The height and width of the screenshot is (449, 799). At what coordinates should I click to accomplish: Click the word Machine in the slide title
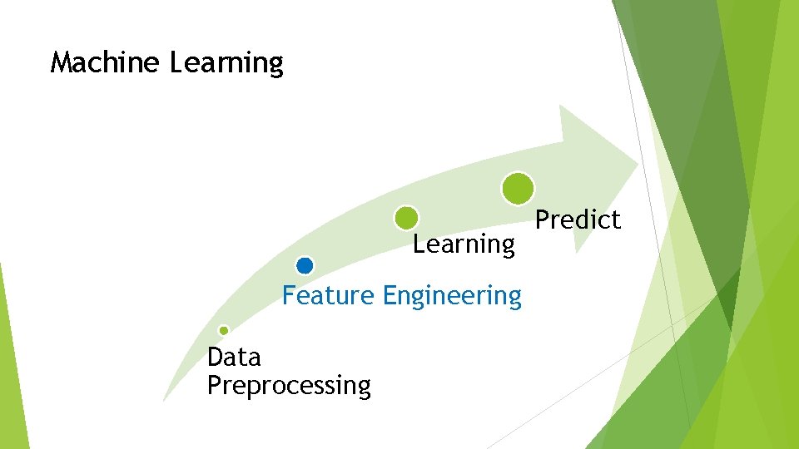click(105, 62)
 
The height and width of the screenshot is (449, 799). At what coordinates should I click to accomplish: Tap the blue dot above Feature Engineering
click(305, 266)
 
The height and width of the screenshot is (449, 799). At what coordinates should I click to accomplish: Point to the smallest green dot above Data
click(223, 330)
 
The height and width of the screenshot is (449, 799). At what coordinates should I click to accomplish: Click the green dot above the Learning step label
click(406, 218)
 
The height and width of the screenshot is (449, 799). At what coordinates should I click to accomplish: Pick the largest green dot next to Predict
click(518, 189)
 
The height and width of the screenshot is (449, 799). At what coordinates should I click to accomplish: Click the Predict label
click(578, 220)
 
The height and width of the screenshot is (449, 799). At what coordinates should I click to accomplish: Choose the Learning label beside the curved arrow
click(464, 245)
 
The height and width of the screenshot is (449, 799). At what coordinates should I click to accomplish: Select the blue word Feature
click(328, 295)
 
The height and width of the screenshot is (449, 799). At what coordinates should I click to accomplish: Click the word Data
click(234, 358)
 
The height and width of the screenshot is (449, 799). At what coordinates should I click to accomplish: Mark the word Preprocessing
click(289, 387)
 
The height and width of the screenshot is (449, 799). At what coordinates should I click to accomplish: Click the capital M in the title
click(62, 62)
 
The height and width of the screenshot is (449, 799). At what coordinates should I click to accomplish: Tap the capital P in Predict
click(542, 220)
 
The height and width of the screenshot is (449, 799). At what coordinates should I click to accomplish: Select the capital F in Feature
click(289, 295)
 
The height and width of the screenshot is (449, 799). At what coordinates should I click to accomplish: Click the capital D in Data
click(215, 358)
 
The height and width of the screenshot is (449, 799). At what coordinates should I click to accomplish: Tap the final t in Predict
click(616, 220)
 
